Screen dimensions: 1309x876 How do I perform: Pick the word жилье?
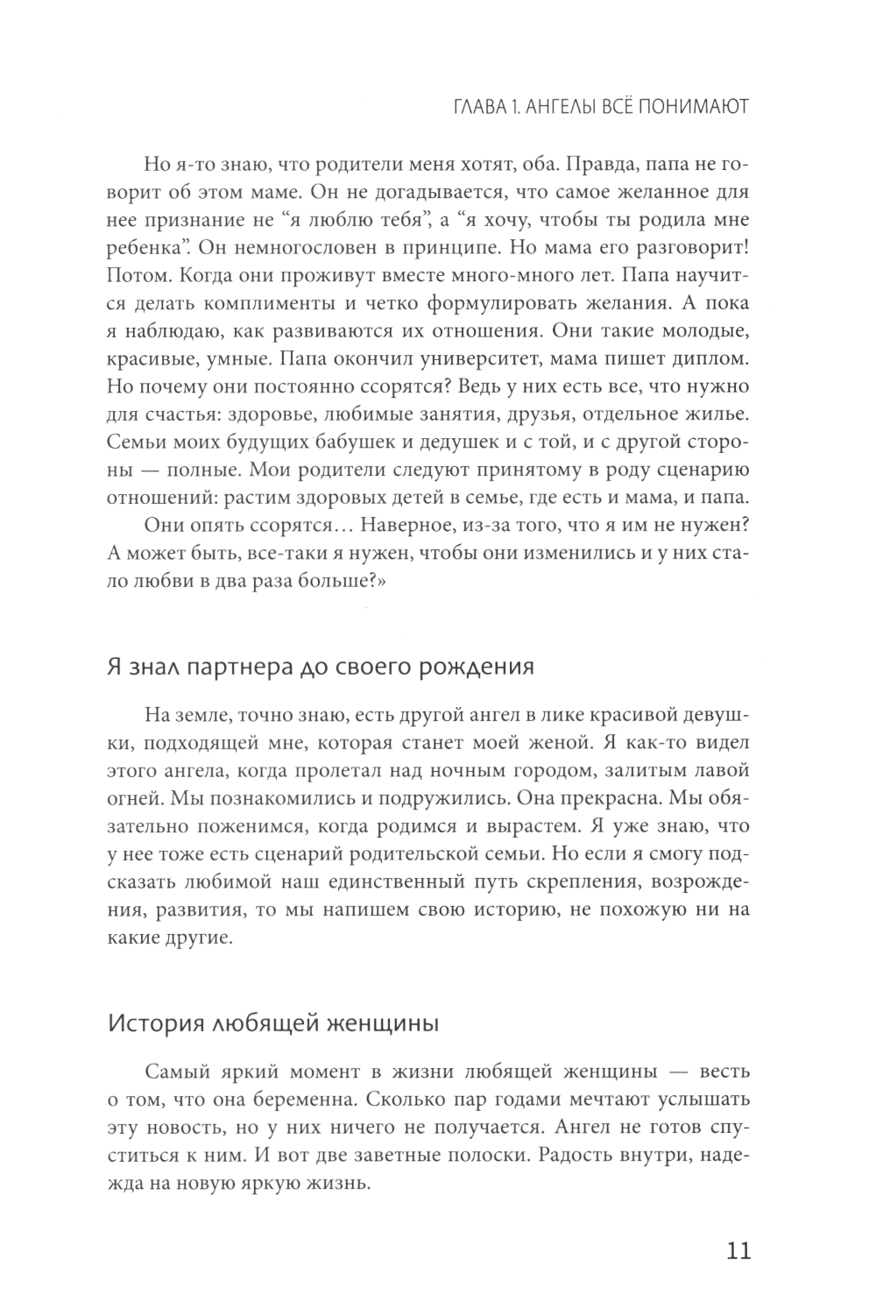[717, 408]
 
